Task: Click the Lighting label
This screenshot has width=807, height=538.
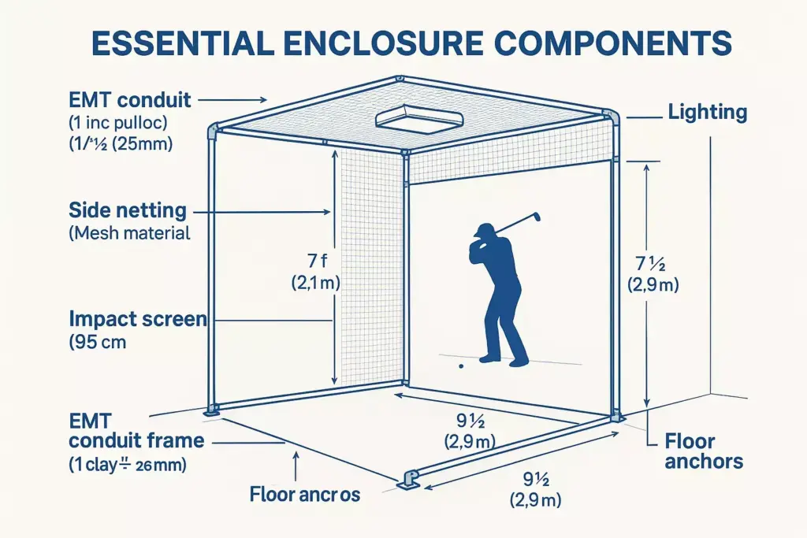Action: point(707,112)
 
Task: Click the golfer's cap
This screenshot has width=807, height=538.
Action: point(484,230)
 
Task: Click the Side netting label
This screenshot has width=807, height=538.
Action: point(128,211)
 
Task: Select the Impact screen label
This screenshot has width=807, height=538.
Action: point(138,319)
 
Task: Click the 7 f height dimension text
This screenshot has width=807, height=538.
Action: point(315,259)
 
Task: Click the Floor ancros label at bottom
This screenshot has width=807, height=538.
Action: point(304,495)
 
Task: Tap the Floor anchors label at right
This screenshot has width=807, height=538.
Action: point(703,451)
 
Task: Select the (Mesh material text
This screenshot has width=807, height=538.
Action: point(129,233)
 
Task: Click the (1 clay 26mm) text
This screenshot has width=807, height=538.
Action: point(128,466)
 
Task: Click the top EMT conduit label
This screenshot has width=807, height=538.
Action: point(129,100)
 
